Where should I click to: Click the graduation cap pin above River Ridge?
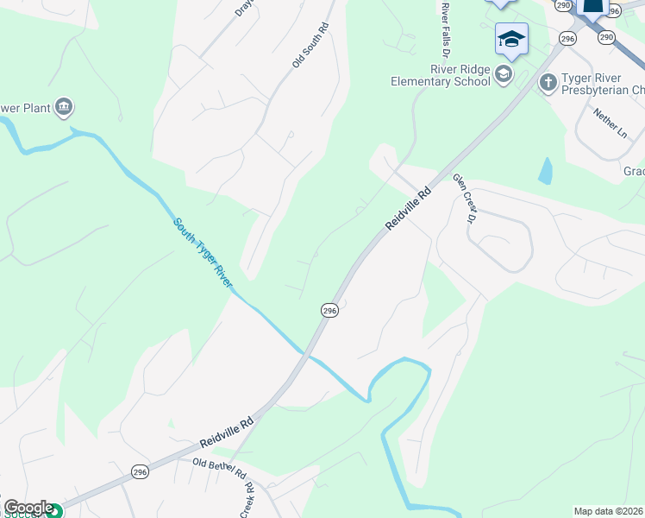[511, 39]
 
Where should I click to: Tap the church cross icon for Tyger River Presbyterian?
[547, 82]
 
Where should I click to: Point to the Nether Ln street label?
[611, 123]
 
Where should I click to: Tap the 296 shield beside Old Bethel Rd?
[141, 471]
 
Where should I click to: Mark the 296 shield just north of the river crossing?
[329, 310]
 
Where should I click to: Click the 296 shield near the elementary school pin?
[567, 39]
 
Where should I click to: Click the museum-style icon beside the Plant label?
[63, 108]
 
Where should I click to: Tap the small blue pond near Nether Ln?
[545, 171]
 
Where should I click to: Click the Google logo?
[28, 508]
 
